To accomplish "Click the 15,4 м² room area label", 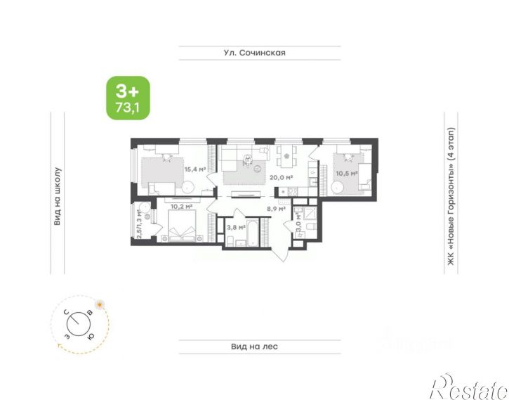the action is click(x=195, y=169).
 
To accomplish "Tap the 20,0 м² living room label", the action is click(x=281, y=177).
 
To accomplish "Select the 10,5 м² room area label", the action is click(x=346, y=174).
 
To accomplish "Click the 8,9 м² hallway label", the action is click(x=276, y=209).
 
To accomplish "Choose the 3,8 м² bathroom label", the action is click(x=236, y=228).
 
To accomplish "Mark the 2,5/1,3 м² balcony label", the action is click(x=139, y=224).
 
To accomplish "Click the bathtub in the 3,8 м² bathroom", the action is click(x=253, y=232).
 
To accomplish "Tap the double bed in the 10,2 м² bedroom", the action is click(x=182, y=226).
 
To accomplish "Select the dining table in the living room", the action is click(x=286, y=156).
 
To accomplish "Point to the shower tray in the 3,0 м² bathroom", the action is click(x=310, y=214).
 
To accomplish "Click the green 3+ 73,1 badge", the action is click(x=128, y=98).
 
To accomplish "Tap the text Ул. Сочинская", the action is click(x=254, y=53).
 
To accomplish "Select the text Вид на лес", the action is click(x=254, y=347).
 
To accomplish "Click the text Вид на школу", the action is click(x=57, y=196).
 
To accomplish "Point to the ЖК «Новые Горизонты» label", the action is click(x=451, y=196).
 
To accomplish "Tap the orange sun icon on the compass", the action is click(x=100, y=304).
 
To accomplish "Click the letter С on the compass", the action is click(x=66, y=313).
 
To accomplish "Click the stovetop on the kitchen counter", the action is click(x=293, y=192).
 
